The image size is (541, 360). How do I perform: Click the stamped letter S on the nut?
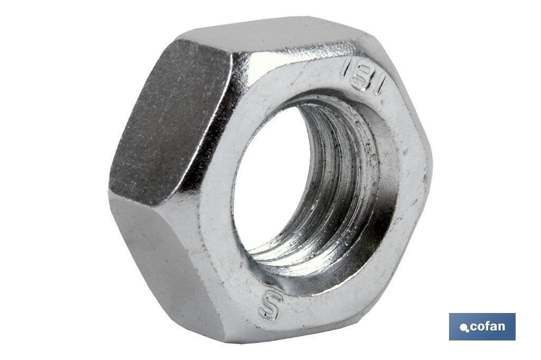point(271,306)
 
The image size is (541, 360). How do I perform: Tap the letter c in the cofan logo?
point(473,327)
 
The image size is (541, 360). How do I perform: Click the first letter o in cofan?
point(480,327)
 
